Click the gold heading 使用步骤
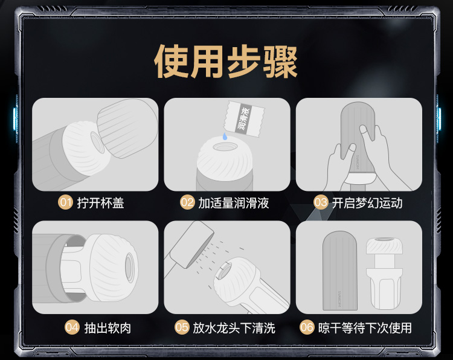(x=226, y=62)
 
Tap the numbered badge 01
(x=65, y=202)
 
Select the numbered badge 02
(x=187, y=202)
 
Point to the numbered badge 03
(x=321, y=202)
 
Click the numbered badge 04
(x=72, y=327)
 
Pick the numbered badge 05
(x=182, y=327)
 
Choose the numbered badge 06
(x=307, y=327)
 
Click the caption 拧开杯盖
(x=100, y=203)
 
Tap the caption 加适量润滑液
(x=233, y=203)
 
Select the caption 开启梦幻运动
(x=367, y=203)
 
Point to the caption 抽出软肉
(x=108, y=328)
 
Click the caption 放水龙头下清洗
(x=234, y=328)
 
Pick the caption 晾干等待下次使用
(x=365, y=328)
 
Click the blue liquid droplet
(x=225, y=137)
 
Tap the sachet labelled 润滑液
(x=245, y=119)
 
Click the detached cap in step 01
(x=127, y=127)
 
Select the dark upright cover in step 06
(x=340, y=271)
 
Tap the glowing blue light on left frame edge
(x=15, y=118)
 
